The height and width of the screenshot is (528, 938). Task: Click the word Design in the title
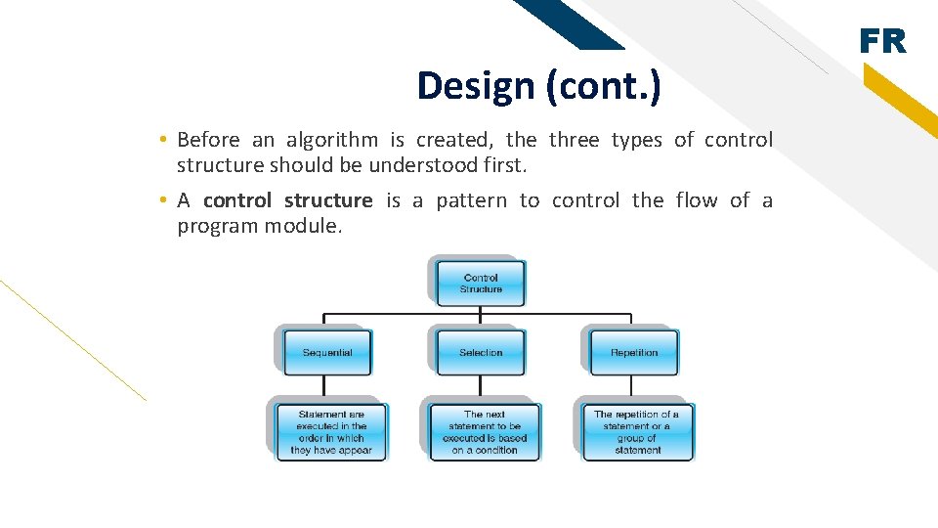(x=476, y=86)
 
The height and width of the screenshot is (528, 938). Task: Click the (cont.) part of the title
(x=603, y=86)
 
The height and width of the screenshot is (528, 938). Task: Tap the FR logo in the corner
(x=882, y=42)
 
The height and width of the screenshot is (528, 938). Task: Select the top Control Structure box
(x=481, y=284)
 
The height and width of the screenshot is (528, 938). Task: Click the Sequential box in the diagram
(x=327, y=352)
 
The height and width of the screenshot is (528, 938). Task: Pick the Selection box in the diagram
(x=481, y=352)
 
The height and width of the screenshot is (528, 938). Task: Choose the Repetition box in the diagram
(x=633, y=352)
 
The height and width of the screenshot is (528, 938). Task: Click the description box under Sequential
(x=330, y=432)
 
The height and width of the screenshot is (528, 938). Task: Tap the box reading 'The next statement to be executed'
(x=484, y=432)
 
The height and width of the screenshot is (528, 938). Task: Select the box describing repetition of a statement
(x=637, y=432)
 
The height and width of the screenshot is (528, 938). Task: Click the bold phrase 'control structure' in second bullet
(x=287, y=200)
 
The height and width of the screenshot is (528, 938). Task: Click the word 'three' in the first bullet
(x=574, y=140)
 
